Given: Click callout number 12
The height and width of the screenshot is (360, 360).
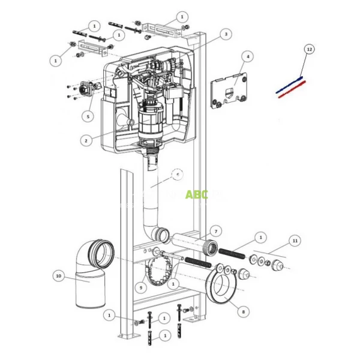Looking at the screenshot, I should (308, 49).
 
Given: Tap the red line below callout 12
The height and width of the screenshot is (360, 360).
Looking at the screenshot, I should (292, 88).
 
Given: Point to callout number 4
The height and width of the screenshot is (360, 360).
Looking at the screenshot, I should (247, 56).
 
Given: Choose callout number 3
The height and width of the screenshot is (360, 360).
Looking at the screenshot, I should (225, 35).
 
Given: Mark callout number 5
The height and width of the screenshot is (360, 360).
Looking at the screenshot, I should (89, 116).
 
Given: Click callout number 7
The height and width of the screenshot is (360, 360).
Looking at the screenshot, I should (217, 230).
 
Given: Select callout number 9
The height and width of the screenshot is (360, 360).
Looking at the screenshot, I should (140, 287).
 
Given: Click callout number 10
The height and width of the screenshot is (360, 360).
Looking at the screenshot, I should (58, 276).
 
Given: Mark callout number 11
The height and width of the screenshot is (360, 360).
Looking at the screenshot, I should (294, 240).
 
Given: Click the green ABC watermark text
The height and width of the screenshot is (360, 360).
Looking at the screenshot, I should (196, 195).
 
